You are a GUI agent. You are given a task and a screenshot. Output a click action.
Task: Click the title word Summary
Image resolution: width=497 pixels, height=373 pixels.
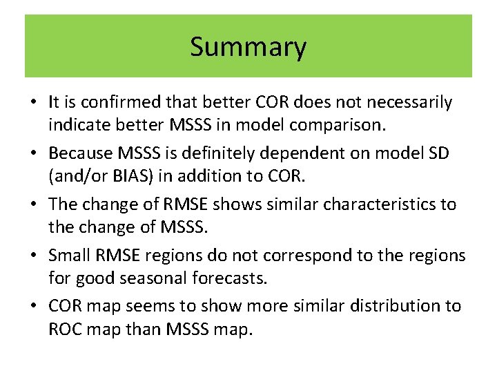[x=248, y=47]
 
